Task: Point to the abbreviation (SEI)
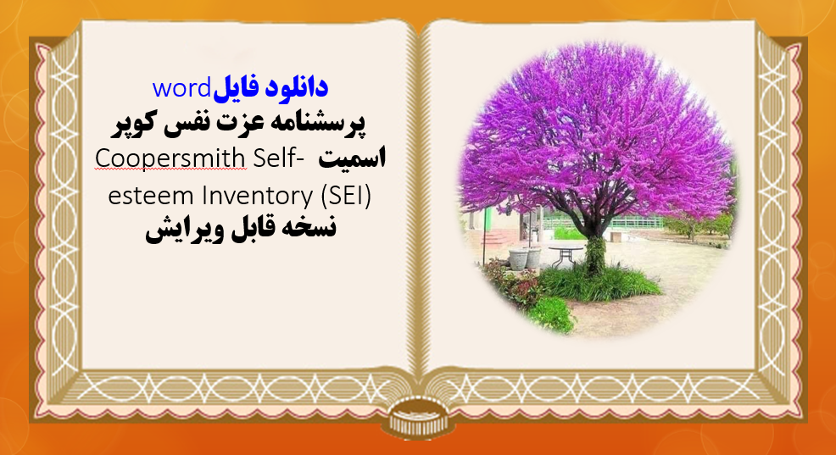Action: click(x=348, y=196)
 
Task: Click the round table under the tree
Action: click(x=566, y=250)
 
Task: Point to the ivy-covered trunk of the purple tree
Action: click(x=596, y=254)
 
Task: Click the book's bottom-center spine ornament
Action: click(x=418, y=419)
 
